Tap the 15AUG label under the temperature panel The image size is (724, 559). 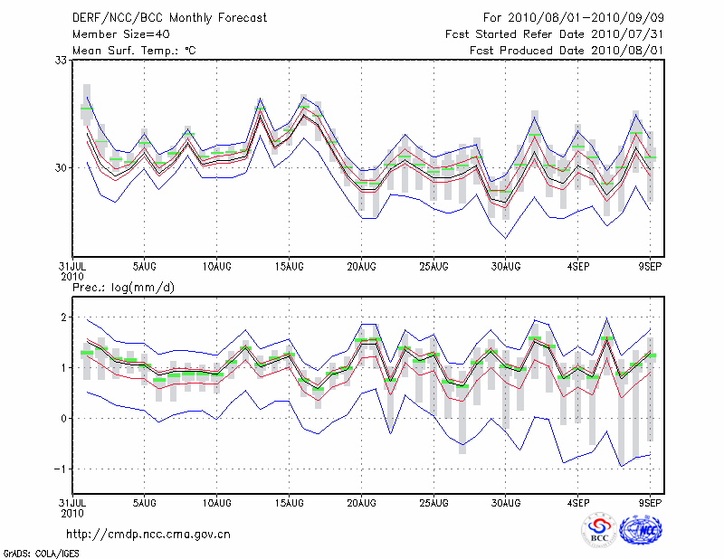(289, 266)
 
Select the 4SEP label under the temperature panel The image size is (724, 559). (579, 266)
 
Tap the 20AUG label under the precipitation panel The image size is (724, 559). (361, 501)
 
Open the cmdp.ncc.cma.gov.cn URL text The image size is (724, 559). (148, 534)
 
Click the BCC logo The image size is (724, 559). (599, 531)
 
